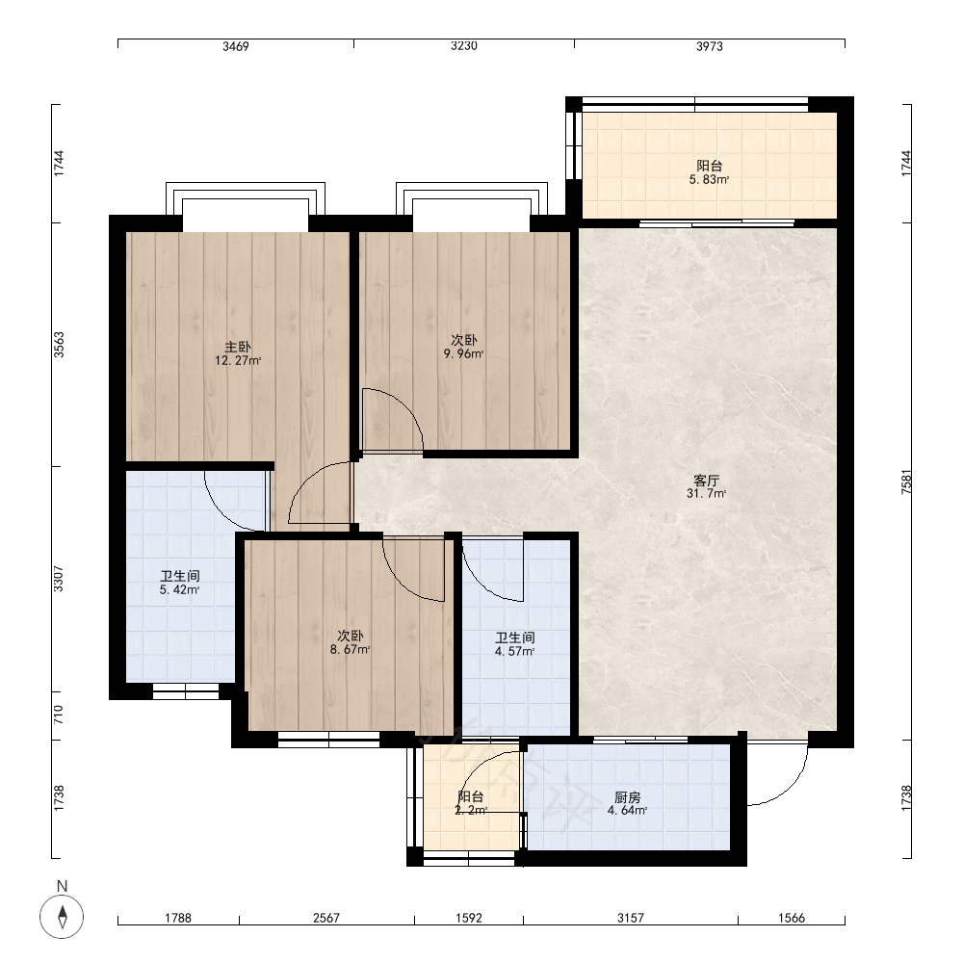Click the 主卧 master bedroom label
238,347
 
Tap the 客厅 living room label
706,480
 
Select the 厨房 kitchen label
627,797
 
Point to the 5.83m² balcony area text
710,180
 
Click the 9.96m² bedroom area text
464,353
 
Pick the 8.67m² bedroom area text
350,650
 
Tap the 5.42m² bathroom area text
179,590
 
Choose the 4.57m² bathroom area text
514,652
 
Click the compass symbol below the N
62,917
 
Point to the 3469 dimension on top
236,46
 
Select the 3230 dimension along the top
464,46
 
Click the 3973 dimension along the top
710,46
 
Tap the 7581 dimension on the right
906,481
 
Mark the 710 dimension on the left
59,715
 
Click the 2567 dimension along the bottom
326,918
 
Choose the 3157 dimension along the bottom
631,918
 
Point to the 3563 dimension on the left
59,345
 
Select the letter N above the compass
62,886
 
